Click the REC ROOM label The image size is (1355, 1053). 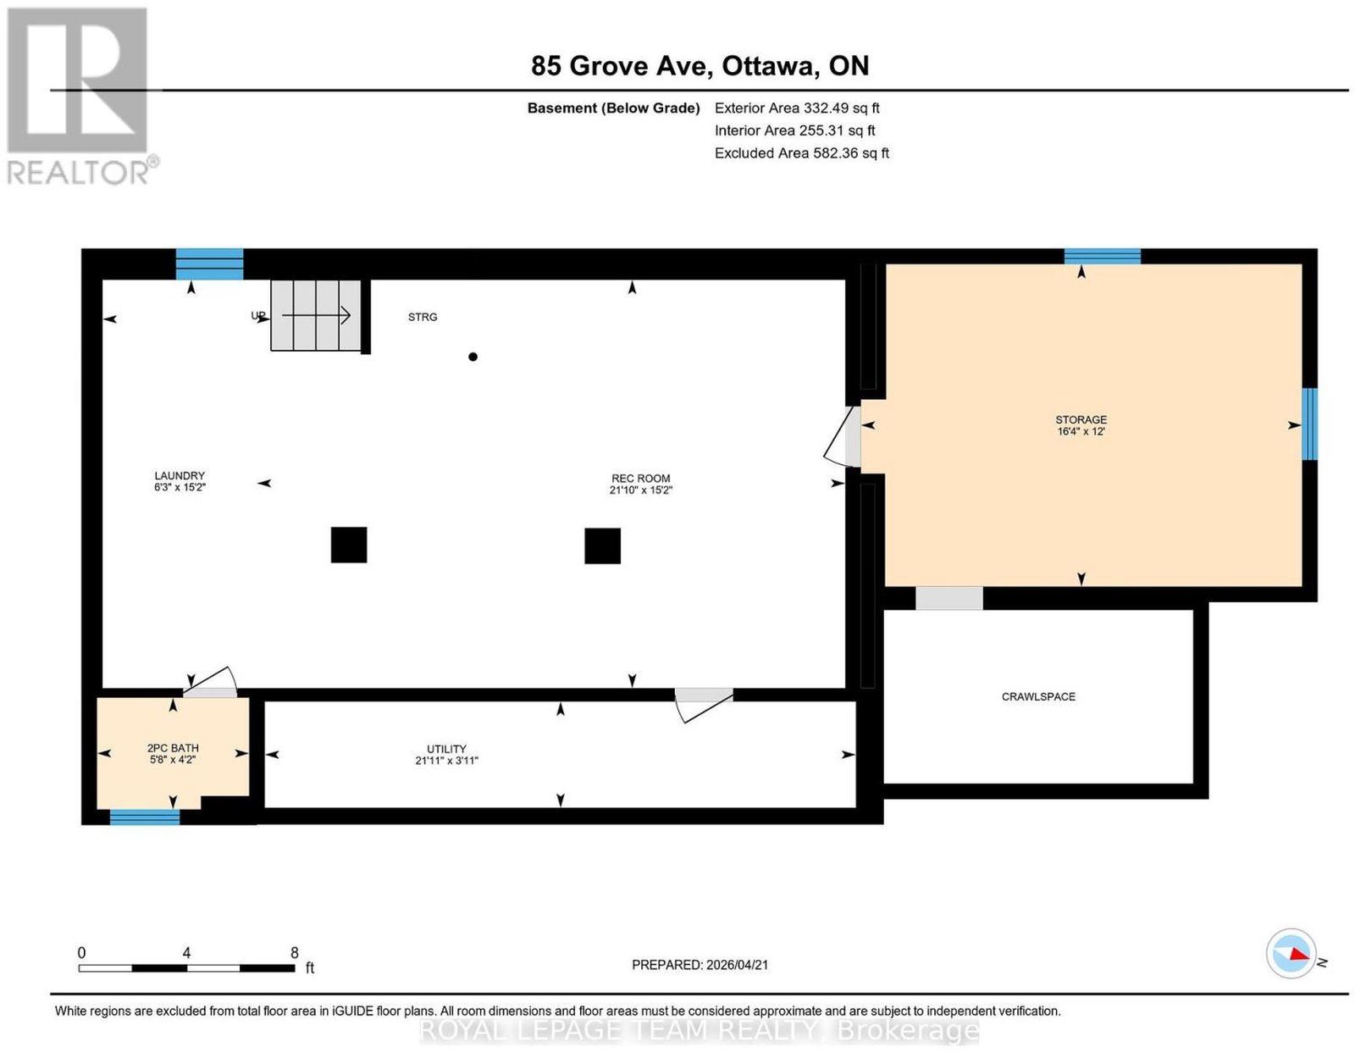click(640, 478)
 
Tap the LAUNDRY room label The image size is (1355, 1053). click(180, 475)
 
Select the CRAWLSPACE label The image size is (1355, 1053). click(1038, 696)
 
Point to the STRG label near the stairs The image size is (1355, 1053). click(422, 317)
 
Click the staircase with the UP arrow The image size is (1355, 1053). click(316, 315)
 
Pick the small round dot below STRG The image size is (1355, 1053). click(473, 357)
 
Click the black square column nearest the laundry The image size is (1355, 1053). click(349, 545)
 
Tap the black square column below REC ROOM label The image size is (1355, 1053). click(602, 546)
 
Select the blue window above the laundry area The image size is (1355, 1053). click(209, 263)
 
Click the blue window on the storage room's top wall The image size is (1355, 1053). click(1102, 256)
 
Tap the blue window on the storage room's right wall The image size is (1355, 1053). click(1309, 424)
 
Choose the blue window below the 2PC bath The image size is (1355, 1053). click(145, 817)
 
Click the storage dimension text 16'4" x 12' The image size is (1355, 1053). click(1081, 431)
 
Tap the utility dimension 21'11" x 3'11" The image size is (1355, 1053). click(446, 760)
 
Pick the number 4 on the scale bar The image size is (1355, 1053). click(186, 953)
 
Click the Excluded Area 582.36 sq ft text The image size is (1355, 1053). click(801, 152)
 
